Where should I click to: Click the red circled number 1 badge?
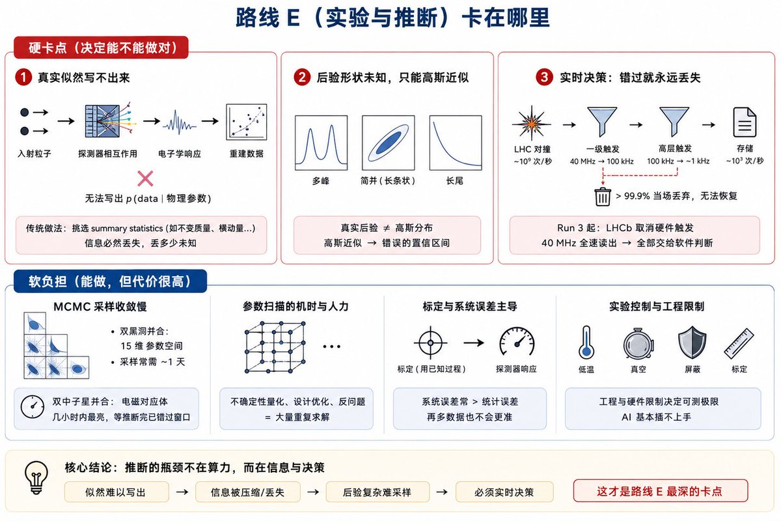23,77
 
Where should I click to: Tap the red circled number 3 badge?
544,77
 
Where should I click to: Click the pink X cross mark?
145,178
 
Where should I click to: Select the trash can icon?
603,197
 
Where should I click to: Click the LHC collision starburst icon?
531,123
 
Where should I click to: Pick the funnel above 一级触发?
602,121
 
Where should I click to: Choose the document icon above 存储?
745,122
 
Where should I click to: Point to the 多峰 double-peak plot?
321,143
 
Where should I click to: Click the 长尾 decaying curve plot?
456,143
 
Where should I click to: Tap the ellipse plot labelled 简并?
389,143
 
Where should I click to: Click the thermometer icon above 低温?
586,343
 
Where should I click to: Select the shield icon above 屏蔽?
692,343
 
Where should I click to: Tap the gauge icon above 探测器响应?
517,342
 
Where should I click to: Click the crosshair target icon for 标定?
431,343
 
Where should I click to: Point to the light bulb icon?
36,478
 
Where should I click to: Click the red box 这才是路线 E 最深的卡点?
661,490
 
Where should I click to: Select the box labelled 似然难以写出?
116,492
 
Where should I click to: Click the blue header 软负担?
110,281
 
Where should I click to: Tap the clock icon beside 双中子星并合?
33,407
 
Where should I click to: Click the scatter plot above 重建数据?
247,122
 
